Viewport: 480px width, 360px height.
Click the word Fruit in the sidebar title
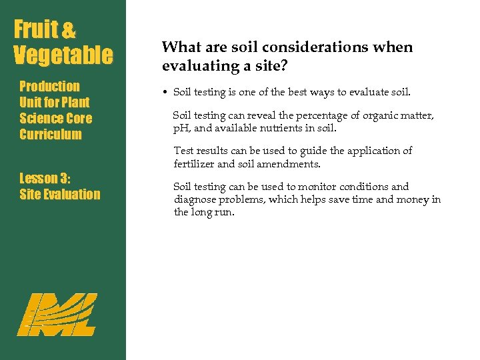[x=36, y=29]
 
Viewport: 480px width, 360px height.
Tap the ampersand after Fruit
[x=68, y=30]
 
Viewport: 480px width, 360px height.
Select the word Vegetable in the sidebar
[x=63, y=55]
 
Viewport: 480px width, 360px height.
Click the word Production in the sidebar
[x=49, y=86]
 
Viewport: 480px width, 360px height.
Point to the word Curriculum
[x=51, y=134]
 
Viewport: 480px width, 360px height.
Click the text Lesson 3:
[x=45, y=178]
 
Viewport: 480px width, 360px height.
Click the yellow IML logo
[x=57, y=314]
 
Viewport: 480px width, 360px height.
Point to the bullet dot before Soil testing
[x=165, y=92]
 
